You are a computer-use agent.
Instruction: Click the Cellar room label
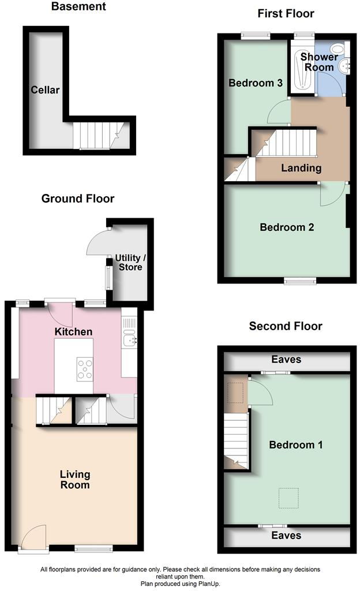click(x=46, y=90)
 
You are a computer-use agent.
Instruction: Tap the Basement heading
click(x=78, y=7)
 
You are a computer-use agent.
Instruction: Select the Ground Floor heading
click(x=78, y=199)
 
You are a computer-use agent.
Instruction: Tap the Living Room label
click(x=75, y=480)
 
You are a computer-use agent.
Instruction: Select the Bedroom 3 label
click(x=255, y=83)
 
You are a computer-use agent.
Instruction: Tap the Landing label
click(x=301, y=168)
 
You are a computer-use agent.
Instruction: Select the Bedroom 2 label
click(x=287, y=227)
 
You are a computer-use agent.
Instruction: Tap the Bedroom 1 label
click(x=296, y=445)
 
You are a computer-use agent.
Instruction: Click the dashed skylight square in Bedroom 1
click(x=288, y=498)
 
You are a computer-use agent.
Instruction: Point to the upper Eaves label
click(x=286, y=360)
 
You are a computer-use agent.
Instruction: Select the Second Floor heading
click(x=286, y=326)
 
